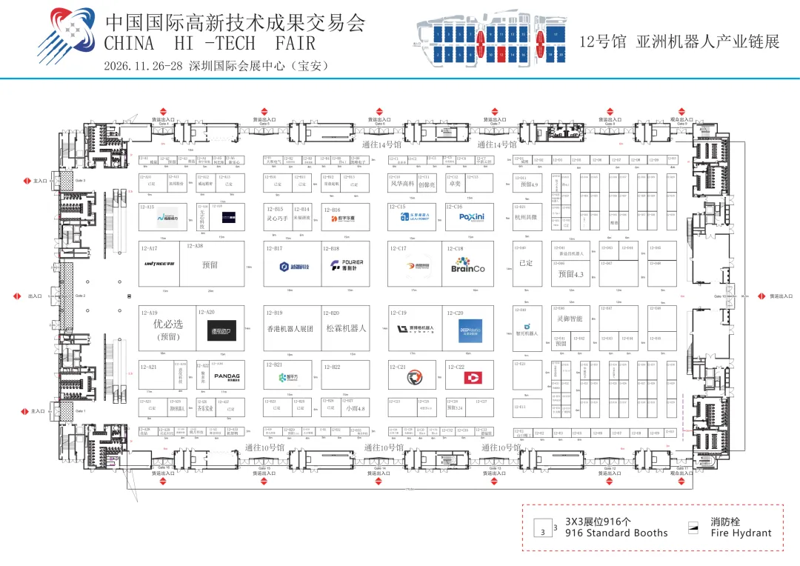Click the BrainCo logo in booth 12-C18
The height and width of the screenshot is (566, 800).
click(x=467, y=265)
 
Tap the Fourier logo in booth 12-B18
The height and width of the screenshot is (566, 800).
click(x=347, y=266)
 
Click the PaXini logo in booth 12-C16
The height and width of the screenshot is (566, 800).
click(x=471, y=217)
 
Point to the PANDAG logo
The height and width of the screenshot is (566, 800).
click(x=227, y=376)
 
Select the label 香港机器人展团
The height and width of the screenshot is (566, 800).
click(x=290, y=327)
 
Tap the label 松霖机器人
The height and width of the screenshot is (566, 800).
click(x=346, y=327)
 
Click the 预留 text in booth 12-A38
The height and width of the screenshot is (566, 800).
click(x=210, y=264)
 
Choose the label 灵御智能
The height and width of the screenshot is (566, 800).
click(x=570, y=319)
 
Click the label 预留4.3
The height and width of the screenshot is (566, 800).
click(x=571, y=274)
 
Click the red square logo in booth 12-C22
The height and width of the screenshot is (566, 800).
click(x=472, y=378)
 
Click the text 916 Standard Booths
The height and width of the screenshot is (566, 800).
click(x=616, y=533)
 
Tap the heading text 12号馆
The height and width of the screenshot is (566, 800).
click(x=603, y=41)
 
